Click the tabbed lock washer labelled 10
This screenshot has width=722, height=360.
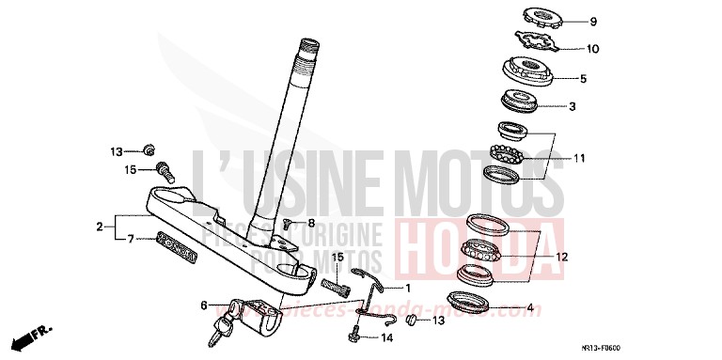(x=533, y=44)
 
